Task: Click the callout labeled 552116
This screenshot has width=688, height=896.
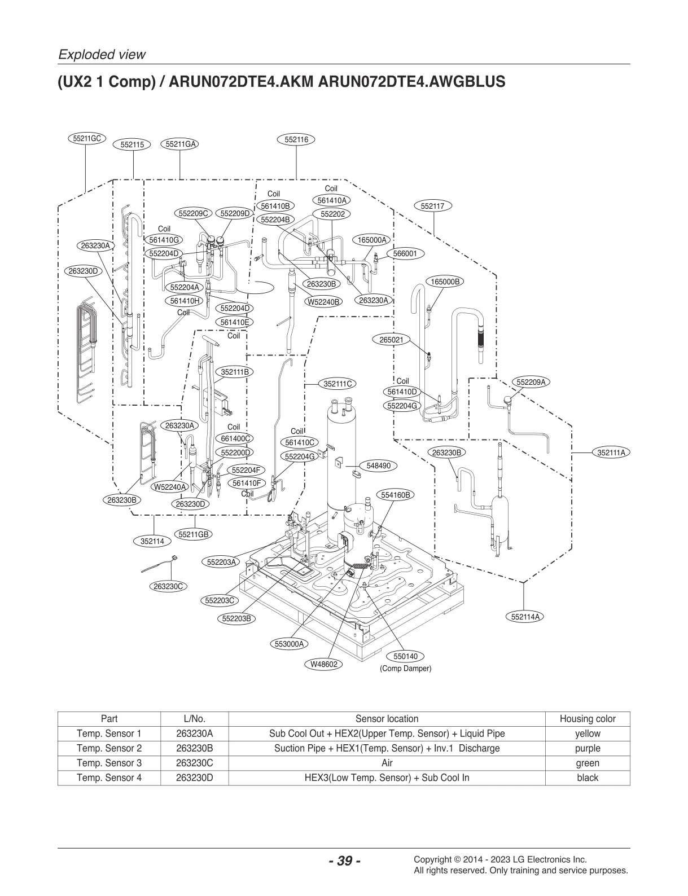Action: [296, 139]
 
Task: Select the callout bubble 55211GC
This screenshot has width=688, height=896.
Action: [87, 138]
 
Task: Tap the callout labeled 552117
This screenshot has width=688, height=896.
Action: [433, 206]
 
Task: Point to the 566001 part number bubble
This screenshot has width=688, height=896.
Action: [405, 254]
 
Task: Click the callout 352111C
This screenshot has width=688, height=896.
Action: [338, 384]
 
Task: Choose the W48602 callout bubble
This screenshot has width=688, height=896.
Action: [324, 664]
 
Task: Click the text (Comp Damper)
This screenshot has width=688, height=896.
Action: [405, 669]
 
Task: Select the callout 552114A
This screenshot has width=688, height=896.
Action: [524, 617]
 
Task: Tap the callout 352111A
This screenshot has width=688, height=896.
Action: [613, 453]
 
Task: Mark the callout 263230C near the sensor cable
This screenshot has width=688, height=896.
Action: [169, 586]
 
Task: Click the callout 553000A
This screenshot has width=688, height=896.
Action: [289, 644]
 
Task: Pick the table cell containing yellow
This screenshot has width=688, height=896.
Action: [587, 734]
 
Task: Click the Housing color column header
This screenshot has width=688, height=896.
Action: [587, 719]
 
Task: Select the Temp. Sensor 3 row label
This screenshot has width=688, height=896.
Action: [109, 763]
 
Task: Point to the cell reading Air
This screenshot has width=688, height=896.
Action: [387, 763]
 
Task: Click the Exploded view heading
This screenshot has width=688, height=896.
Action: [102, 55]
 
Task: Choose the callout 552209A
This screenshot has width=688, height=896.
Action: [531, 382]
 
